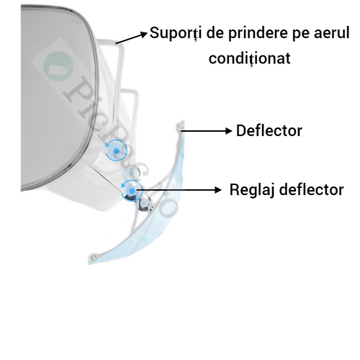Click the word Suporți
176,33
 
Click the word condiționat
250,58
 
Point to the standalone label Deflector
269,131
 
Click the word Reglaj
252,190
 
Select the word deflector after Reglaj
312,189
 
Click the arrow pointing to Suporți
132,37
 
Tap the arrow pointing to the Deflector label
207,131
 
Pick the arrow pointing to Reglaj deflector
178,190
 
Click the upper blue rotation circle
116,150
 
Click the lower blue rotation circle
132,191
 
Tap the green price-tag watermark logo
58,66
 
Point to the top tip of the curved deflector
181,122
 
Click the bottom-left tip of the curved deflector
91,260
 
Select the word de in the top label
215,32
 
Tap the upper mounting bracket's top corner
120,42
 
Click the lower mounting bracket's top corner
136,91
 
